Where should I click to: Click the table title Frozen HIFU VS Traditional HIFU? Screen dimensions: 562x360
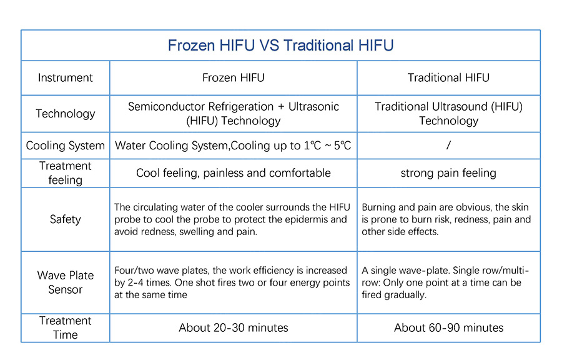(x=280, y=46)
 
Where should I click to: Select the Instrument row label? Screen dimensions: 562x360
(x=65, y=77)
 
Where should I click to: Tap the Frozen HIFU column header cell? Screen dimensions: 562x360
(x=234, y=77)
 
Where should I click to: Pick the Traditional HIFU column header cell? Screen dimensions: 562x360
(x=448, y=77)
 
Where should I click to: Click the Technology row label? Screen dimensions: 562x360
(x=65, y=114)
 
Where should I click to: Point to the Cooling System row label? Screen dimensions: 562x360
(x=65, y=146)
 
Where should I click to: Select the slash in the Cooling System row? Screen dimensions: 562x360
(x=448, y=145)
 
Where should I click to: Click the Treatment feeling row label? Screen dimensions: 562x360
(x=65, y=173)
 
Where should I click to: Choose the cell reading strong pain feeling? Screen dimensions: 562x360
(x=448, y=173)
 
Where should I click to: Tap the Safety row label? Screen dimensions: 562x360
(x=65, y=219)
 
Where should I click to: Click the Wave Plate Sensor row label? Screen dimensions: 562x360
(x=65, y=282)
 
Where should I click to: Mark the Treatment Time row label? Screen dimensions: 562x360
(x=65, y=327)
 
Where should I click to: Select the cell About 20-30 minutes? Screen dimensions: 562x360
(x=234, y=327)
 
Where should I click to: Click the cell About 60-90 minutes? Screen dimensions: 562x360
(x=448, y=327)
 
